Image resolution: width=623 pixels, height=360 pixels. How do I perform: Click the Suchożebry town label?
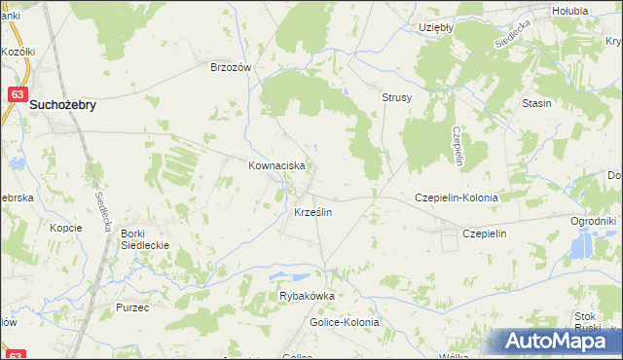click(x=63, y=105)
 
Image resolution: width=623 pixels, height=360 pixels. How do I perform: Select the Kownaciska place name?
click(x=277, y=166)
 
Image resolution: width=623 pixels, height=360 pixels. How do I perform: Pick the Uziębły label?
click(x=436, y=28)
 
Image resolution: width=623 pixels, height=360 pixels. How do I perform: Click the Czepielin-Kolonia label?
click(x=457, y=197)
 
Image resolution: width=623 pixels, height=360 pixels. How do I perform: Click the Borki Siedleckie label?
click(x=145, y=239)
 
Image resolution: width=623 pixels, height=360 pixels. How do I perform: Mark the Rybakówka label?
click(x=307, y=297)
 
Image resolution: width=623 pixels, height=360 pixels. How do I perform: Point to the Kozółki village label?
click(x=18, y=51)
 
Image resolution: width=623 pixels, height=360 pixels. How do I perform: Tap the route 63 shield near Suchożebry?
click(x=17, y=94)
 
